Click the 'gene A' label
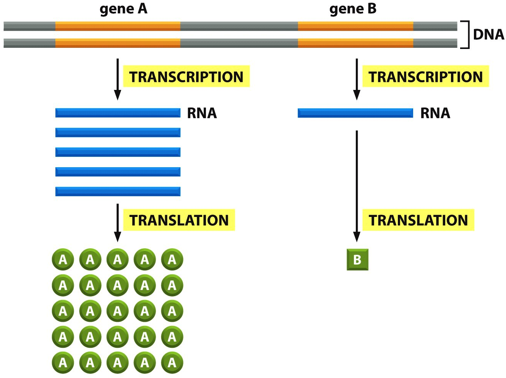click(123, 10)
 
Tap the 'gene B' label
click(353, 10)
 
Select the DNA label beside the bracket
click(488, 35)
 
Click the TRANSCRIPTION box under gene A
click(186, 77)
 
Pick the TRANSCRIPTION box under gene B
click(425, 77)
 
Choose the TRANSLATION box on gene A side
click(179, 220)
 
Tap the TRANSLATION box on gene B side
click(418, 220)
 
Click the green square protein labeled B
click(357, 260)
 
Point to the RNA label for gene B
click(435, 113)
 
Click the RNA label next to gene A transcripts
click(202, 113)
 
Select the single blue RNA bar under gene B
click(355, 113)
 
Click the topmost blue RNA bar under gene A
click(118, 113)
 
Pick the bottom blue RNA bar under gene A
click(118, 192)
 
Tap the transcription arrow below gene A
click(118, 79)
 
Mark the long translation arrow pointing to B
click(357, 186)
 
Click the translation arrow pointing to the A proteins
click(118, 223)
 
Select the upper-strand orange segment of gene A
click(118, 26)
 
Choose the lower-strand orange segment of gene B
click(355, 43)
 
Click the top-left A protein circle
click(63, 259)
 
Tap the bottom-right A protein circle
click(172, 363)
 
